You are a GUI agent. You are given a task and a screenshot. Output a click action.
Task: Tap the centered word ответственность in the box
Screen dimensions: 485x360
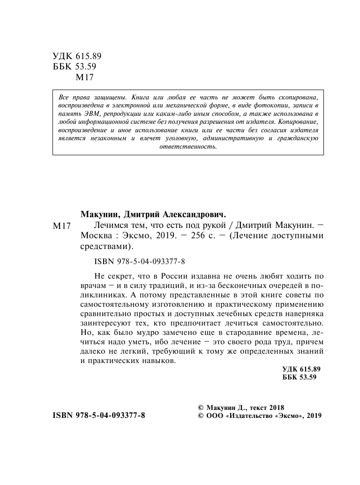[188, 146]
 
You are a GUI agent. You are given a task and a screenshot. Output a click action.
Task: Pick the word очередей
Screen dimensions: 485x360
[262, 284]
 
